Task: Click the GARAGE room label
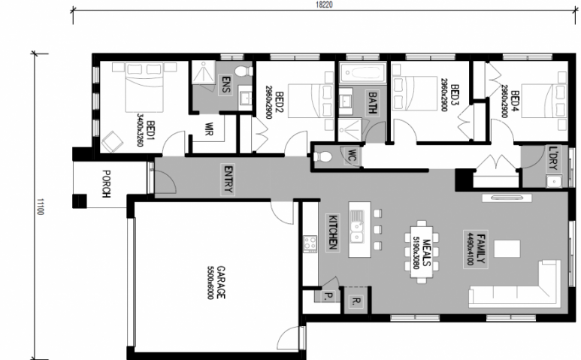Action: [221, 283]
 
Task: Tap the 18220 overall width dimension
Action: [324, 5]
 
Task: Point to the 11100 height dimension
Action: [41, 207]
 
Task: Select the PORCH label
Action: [106, 183]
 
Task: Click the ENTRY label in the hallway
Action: [228, 180]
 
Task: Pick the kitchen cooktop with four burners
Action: [310, 244]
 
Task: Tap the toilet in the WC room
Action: [322, 156]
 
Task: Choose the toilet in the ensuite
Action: [244, 71]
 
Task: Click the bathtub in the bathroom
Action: [363, 72]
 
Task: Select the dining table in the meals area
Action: [422, 252]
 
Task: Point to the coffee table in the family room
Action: [507, 249]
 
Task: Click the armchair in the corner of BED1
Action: [112, 142]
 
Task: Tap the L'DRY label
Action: [553, 158]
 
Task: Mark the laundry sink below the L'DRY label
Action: [554, 181]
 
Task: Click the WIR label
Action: [209, 129]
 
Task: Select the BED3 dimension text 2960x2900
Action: [444, 95]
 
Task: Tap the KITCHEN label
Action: [332, 232]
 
